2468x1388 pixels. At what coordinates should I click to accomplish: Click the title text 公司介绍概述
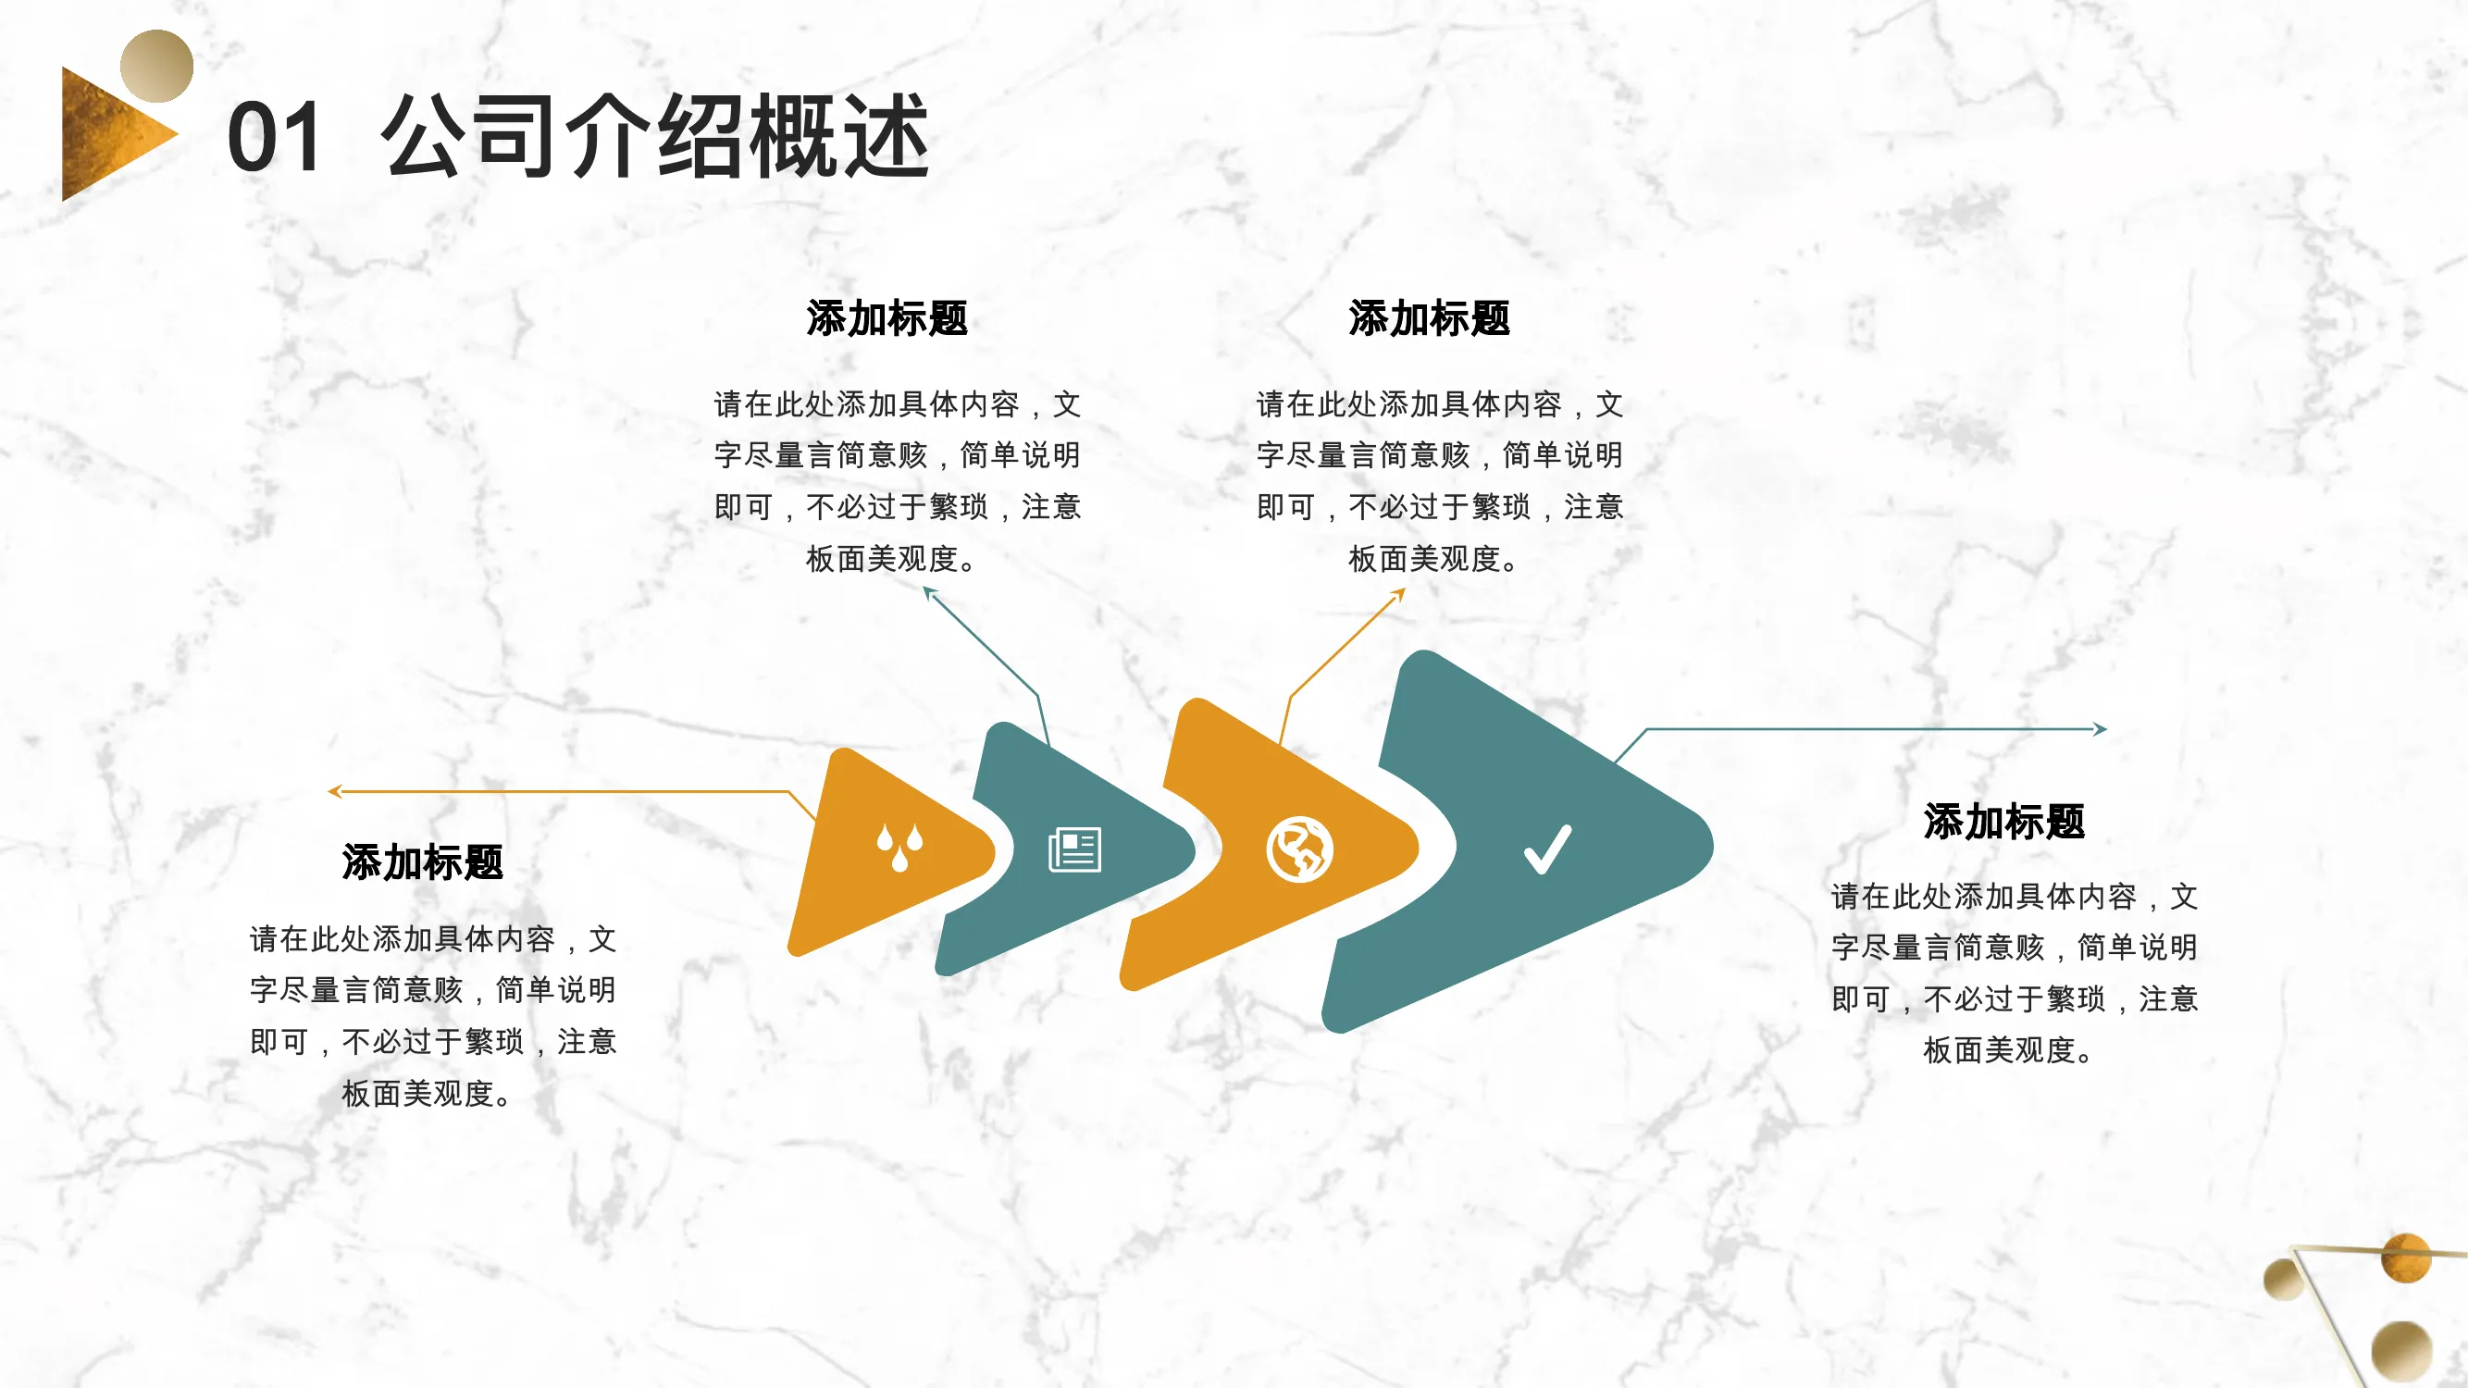654,137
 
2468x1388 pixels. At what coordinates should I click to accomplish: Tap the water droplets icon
899,847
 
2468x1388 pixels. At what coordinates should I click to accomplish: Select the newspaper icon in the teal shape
1075,849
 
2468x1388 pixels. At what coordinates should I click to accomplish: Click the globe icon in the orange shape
1299,849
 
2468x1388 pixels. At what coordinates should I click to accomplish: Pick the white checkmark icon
1547,849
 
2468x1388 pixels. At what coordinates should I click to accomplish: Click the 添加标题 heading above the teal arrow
887,318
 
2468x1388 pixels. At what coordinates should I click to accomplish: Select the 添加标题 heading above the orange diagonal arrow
1430,318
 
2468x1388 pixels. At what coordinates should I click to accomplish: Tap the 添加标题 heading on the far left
423,862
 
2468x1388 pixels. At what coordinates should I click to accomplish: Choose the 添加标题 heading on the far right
2004,821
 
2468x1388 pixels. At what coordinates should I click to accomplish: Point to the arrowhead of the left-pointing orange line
334,791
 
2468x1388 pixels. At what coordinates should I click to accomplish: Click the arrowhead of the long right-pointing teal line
2100,729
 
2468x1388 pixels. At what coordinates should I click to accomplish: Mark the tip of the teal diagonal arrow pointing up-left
924,589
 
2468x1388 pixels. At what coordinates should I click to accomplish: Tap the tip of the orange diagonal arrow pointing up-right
1405,589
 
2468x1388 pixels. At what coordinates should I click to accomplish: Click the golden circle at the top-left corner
156,66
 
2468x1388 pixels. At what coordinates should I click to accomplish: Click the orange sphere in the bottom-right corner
2406,1257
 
